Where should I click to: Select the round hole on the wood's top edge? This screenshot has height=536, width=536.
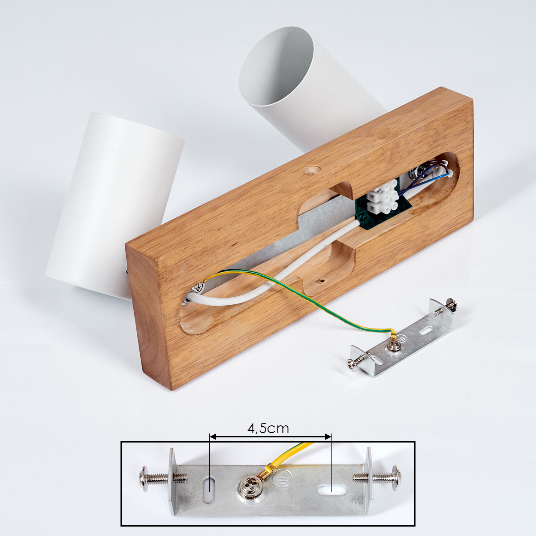click(312, 170)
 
